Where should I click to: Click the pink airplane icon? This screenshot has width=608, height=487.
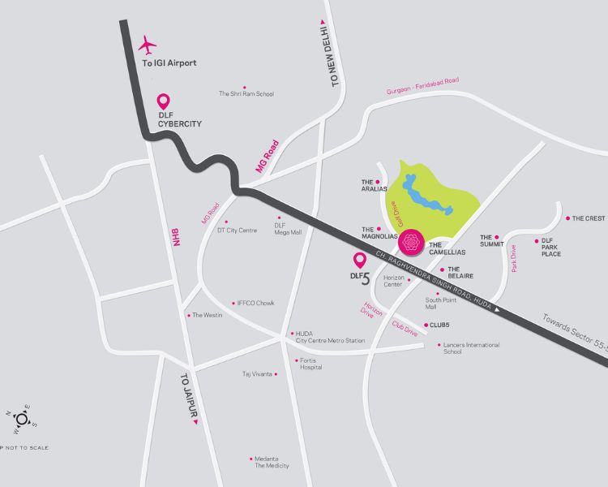click(x=148, y=44)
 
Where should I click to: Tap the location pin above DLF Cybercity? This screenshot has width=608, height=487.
click(x=163, y=102)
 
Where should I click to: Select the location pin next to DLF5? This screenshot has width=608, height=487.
click(x=360, y=261)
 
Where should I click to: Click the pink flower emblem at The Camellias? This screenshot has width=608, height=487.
click(x=411, y=242)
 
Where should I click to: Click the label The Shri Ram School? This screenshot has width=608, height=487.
click(x=246, y=93)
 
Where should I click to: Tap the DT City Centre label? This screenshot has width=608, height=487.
click(x=237, y=231)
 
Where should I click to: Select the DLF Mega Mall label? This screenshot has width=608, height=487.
click(x=288, y=228)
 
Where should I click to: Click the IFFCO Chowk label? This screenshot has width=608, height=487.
click(x=255, y=303)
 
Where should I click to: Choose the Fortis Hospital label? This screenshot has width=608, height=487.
click(x=310, y=363)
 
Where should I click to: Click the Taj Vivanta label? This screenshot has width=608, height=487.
click(x=259, y=374)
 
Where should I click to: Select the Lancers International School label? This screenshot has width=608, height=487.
click(x=471, y=348)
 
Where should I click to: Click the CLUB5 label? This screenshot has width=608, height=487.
click(x=439, y=325)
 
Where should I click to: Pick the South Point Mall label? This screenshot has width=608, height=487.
click(x=442, y=303)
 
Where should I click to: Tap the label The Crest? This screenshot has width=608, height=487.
click(x=589, y=218)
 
